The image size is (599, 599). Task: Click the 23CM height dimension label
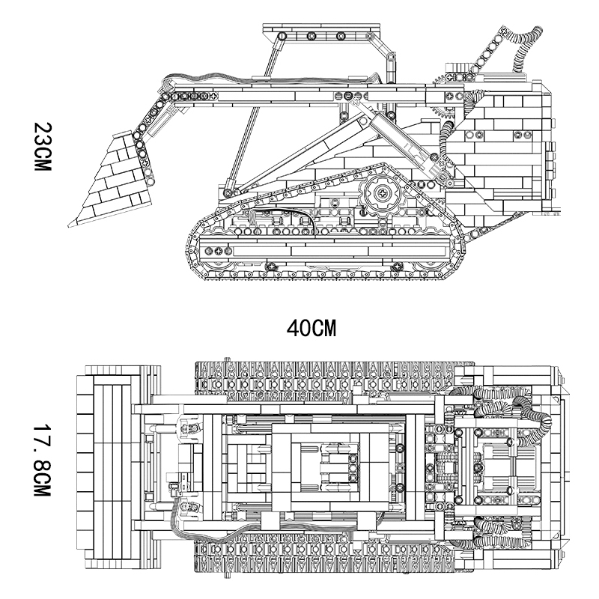coord(42,147)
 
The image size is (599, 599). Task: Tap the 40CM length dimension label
coord(311,329)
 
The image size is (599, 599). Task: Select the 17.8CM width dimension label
coord(42,460)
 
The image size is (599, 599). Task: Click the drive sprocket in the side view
coord(382,193)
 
